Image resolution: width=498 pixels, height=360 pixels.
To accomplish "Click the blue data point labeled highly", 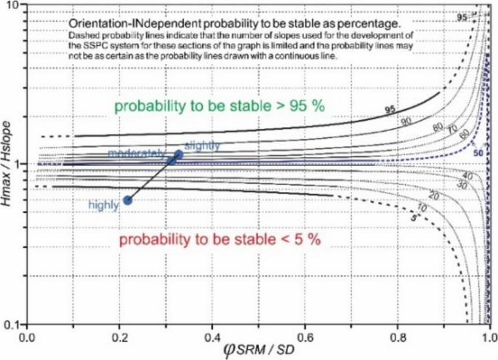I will (x=128, y=200).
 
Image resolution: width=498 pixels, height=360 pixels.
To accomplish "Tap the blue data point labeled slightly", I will (x=179, y=155).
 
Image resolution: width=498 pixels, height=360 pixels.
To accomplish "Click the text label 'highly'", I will (x=103, y=205).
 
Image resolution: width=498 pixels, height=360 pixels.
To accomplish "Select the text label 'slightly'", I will (x=202, y=145).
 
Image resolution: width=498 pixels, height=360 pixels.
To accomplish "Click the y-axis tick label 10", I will (x=12, y=6).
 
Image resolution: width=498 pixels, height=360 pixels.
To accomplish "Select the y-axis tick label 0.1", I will (x=10, y=323).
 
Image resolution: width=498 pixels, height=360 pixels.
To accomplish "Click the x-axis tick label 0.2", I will (x=120, y=337).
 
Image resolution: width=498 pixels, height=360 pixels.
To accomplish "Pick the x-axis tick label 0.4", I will (x=212, y=337).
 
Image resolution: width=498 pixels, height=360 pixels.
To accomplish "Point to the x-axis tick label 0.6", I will (x=305, y=337).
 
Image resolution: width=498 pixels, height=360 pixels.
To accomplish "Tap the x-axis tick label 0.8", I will (x=398, y=337).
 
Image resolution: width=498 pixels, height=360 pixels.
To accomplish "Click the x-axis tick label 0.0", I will (x=27, y=337).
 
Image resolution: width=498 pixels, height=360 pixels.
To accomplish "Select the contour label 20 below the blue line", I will (x=435, y=196).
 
